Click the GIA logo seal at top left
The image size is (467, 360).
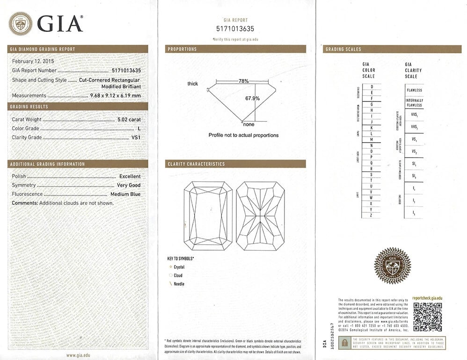click(x=21, y=23)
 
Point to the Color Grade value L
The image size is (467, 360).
click(x=139, y=129)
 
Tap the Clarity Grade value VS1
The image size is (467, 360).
click(x=136, y=137)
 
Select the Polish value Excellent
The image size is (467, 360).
click(x=130, y=176)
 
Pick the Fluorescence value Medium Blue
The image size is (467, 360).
click(x=125, y=194)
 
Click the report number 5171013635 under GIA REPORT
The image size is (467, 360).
click(x=235, y=29)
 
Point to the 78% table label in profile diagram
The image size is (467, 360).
click(x=243, y=81)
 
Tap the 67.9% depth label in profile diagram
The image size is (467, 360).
click(x=252, y=99)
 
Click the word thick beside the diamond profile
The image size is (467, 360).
click(x=192, y=84)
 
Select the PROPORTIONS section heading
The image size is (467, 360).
click(x=182, y=49)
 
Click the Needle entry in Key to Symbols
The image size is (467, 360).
click(x=179, y=284)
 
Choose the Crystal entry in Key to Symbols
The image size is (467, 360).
click(x=179, y=267)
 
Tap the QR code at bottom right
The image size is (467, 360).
click(x=427, y=317)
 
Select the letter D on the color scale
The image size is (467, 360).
click(x=372, y=87)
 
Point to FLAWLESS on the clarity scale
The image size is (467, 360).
click(x=414, y=90)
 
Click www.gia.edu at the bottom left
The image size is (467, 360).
click(x=78, y=355)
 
